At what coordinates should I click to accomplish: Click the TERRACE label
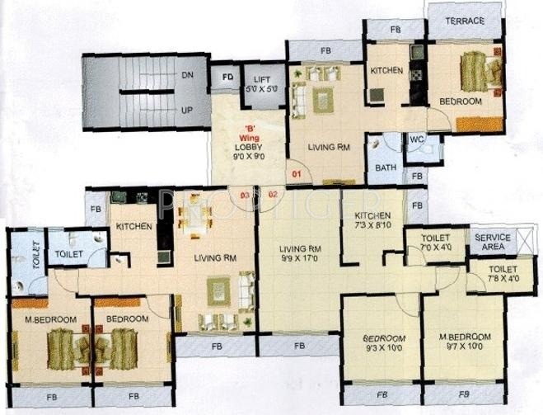point(465,20)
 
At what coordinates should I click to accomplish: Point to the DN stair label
point(186,75)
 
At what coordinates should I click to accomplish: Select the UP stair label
point(186,109)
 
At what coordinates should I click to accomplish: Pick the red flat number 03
point(245,196)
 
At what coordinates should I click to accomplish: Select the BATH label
point(386,167)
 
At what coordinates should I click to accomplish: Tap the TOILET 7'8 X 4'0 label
point(502,274)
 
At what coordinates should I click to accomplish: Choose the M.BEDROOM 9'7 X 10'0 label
point(466,342)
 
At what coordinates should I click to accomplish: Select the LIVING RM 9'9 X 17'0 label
point(299,252)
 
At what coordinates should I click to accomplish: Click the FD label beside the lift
point(227,79)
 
